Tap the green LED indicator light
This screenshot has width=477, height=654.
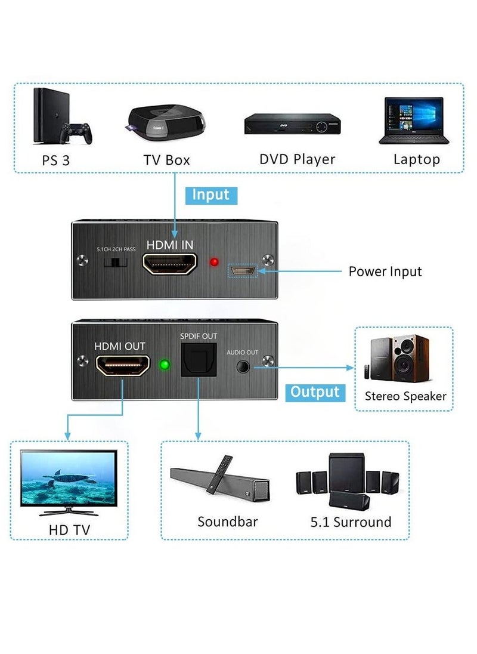click(165, 364)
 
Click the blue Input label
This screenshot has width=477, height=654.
click(211, 195)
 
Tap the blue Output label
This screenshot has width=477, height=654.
click(315, 392)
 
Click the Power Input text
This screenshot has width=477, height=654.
click(385, 272)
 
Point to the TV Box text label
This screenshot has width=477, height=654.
click(166, 160)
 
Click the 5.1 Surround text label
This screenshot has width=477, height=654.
click(351, 522)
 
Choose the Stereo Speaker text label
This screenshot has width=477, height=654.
click(405, 396)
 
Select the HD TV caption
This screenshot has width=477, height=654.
click(69, 529)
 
